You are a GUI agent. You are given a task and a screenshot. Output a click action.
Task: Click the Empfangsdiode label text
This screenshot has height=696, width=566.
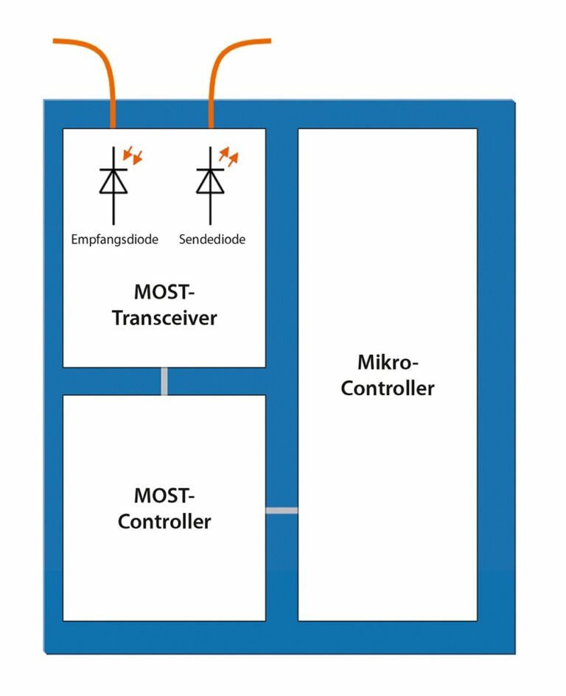click(115, 240)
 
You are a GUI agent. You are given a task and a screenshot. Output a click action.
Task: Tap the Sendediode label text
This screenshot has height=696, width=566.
click(212, 240)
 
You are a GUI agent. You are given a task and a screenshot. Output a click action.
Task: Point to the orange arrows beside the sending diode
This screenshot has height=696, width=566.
click(229, 156)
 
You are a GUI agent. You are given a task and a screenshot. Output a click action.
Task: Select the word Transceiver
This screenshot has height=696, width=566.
click(164, 319)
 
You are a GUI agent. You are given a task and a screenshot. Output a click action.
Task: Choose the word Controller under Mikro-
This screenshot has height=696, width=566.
click(388, 388)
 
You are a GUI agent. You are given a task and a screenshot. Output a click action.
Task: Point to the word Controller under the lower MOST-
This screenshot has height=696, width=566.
click(164, 521)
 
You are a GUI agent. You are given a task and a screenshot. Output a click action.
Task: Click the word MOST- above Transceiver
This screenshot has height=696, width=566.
click(164, 292)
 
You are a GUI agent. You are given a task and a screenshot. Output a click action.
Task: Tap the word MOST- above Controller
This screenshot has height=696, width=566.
click(164, 495)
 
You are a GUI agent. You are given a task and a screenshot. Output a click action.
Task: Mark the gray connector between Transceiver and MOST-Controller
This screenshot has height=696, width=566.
click(164, 381)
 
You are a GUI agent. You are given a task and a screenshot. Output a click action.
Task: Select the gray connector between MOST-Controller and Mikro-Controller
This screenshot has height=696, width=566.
click(282, 510)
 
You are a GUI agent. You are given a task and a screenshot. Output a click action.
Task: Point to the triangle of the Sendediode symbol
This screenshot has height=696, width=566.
click(210, 181)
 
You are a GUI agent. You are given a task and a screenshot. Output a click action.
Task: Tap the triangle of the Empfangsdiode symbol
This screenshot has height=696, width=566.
click(113, 181)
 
